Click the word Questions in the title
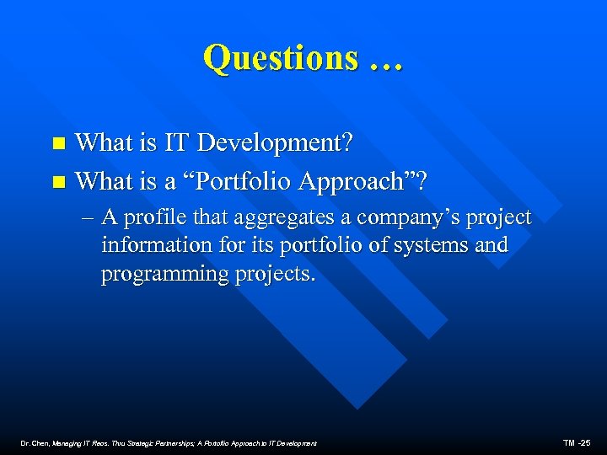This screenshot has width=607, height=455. (280, 57)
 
